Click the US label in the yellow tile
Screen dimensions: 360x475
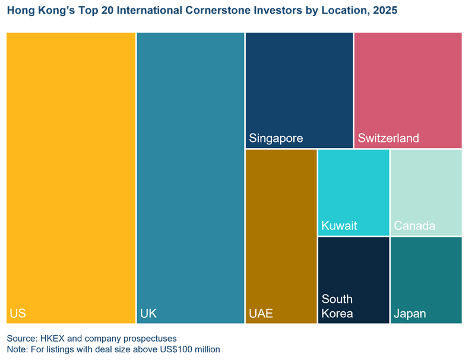pos(18,313)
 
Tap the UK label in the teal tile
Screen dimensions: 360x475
pos(148,313)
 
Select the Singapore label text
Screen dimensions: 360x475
pos(276,138)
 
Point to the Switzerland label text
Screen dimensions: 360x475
pos(388,138)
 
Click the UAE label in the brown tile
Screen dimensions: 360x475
pos(261,313)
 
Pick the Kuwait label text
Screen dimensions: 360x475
pos(339,226)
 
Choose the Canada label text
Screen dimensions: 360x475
pos(414,226)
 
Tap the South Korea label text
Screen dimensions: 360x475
pos(337,306)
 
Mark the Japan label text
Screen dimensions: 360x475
pos(410,314)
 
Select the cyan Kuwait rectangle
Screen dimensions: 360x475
pos(353,184)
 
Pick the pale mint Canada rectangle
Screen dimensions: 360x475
pos(426,184)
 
